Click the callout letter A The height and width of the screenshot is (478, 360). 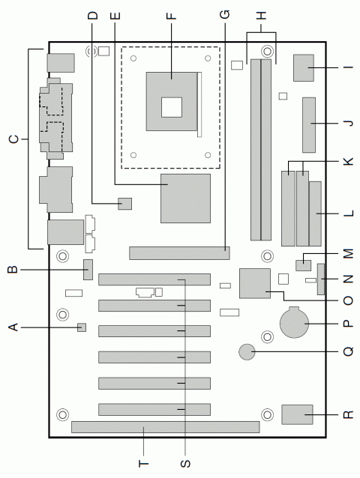(x=13, y=327)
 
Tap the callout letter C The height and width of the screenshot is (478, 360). (x=13, y=139)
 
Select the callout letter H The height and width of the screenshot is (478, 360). (x=261, y=16)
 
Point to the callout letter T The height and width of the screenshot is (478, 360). (x=144, y=463)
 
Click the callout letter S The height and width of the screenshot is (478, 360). (x=185, y=463)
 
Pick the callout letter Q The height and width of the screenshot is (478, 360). (x=348, y=351)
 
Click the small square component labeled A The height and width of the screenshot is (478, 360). (x=82, y=327)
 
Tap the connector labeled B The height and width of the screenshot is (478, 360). (x=88, y=270)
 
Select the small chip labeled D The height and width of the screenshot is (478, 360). (x=124, y=204)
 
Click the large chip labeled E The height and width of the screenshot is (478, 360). (x=185, y=199)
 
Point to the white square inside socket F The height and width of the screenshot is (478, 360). (x=172, y=107)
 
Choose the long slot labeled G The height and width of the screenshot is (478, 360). (x=179, y=253)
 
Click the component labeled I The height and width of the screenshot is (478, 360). (x=304, y=68)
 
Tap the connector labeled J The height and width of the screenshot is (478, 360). (x=309, y=125)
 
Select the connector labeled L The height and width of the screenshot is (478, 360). (x=315, y=214)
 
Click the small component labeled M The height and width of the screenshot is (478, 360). (x=303, y=265)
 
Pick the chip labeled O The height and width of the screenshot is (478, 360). (x=255, y=283)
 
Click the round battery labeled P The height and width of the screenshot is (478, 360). (x=295, y=322)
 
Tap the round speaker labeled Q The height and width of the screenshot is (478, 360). (x=247, y=352)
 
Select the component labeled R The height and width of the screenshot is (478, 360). (x=298, y=414)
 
